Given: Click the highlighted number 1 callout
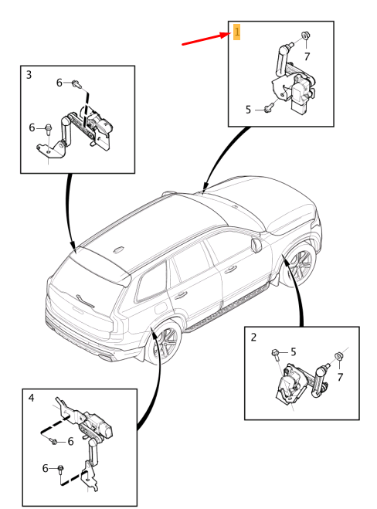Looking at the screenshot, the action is [x=236, y=32].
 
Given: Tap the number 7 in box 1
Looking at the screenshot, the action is [x=307, y=57].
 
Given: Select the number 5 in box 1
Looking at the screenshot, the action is [x=249, y=110].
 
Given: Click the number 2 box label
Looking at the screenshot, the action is [x=253, y=338].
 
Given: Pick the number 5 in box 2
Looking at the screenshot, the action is [x=294, y=352].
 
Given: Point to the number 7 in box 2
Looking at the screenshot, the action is [x=340, y=377].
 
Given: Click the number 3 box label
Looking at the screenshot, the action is [x=29, y=75].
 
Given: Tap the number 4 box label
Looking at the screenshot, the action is [x=31, y=398].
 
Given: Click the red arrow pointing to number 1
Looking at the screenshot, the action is [x=206, y=39].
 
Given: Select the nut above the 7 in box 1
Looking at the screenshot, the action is [x=305, y=35].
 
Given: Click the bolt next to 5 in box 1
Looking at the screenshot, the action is [x=268, y=109].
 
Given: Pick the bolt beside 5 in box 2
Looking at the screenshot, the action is [x=275, y=355].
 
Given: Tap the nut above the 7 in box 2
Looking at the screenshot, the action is [x=338, y=356].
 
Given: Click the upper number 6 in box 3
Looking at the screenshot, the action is [x=59, y=83].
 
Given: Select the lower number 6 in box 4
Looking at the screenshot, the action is [x=45, y=468].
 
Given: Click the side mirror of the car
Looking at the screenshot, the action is [x=256, y=244].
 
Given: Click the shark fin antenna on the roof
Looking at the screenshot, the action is [x=118, y=249].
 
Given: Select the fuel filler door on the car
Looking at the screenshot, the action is [x=161, y=307].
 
